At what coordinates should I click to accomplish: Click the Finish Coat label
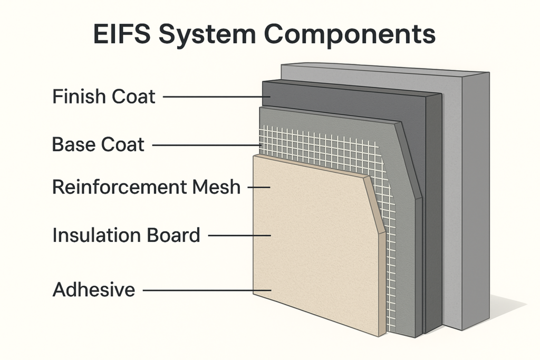[x=104, y=97]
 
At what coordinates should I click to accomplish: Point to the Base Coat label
[x=98, y=144]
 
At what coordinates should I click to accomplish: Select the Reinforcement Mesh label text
[x=146, y=187]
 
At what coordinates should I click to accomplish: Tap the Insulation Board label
[x=126, y=235]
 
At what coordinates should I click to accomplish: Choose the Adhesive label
[x=94, y=290]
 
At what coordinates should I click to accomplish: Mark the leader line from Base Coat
[x=206, y=145]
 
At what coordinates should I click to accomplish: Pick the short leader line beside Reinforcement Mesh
[x=258, y=187]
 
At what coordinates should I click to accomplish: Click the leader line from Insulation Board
[x=240, y=236]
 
